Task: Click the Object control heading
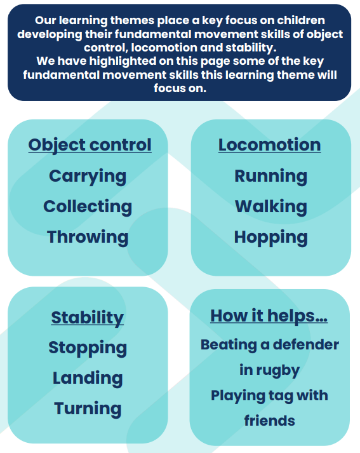pyautogui.click(x=90, y=145)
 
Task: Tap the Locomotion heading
pyautogui.click(x=270, y=145)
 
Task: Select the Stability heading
pyautogui.click(x=88, y=318)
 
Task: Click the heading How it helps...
pyautogui.click(x=269, y=316)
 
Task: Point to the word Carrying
pyautogui.click(x=88, y=177)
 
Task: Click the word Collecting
pyautogui.click(x=88, y=207)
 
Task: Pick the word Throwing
pyautogui.click(x=88, y=237)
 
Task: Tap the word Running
pyautogui.click(x=271, y=177)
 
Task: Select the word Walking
pyautogui.click(x=271, y=207)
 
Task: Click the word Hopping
pyautogui.click(x=271, y=238)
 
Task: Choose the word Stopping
pyautogui.click(x=88, y=348)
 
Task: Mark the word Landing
pyautogui.click(x=88, y=379)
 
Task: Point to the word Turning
pyautogui.click(x=88, y=409)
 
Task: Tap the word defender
pyautogui.click(x=306, y=344)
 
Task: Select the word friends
pyautogui.click(x=270, y=421)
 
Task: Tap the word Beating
pyautogui.click(x=229, y=345)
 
